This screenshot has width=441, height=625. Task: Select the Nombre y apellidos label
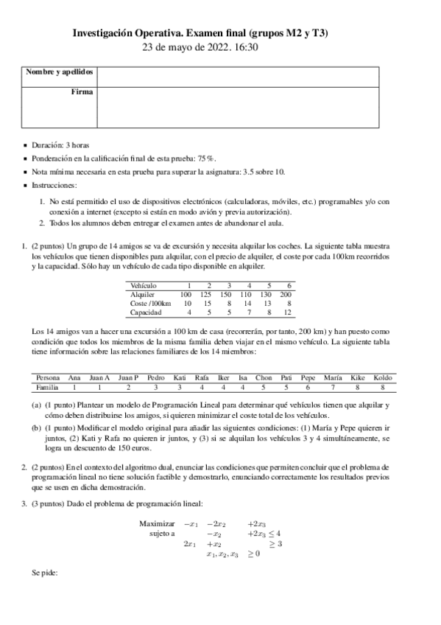tap(60, 72)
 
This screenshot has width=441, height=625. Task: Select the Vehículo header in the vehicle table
tap(144, 285)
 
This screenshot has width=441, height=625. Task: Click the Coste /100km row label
tap(150, 303)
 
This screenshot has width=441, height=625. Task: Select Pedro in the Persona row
tap(156, 377)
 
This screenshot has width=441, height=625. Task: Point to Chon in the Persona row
tap(263, 377)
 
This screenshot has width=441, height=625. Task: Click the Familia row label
tap(47, 386)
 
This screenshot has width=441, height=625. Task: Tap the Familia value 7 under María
tap(332, 386)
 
